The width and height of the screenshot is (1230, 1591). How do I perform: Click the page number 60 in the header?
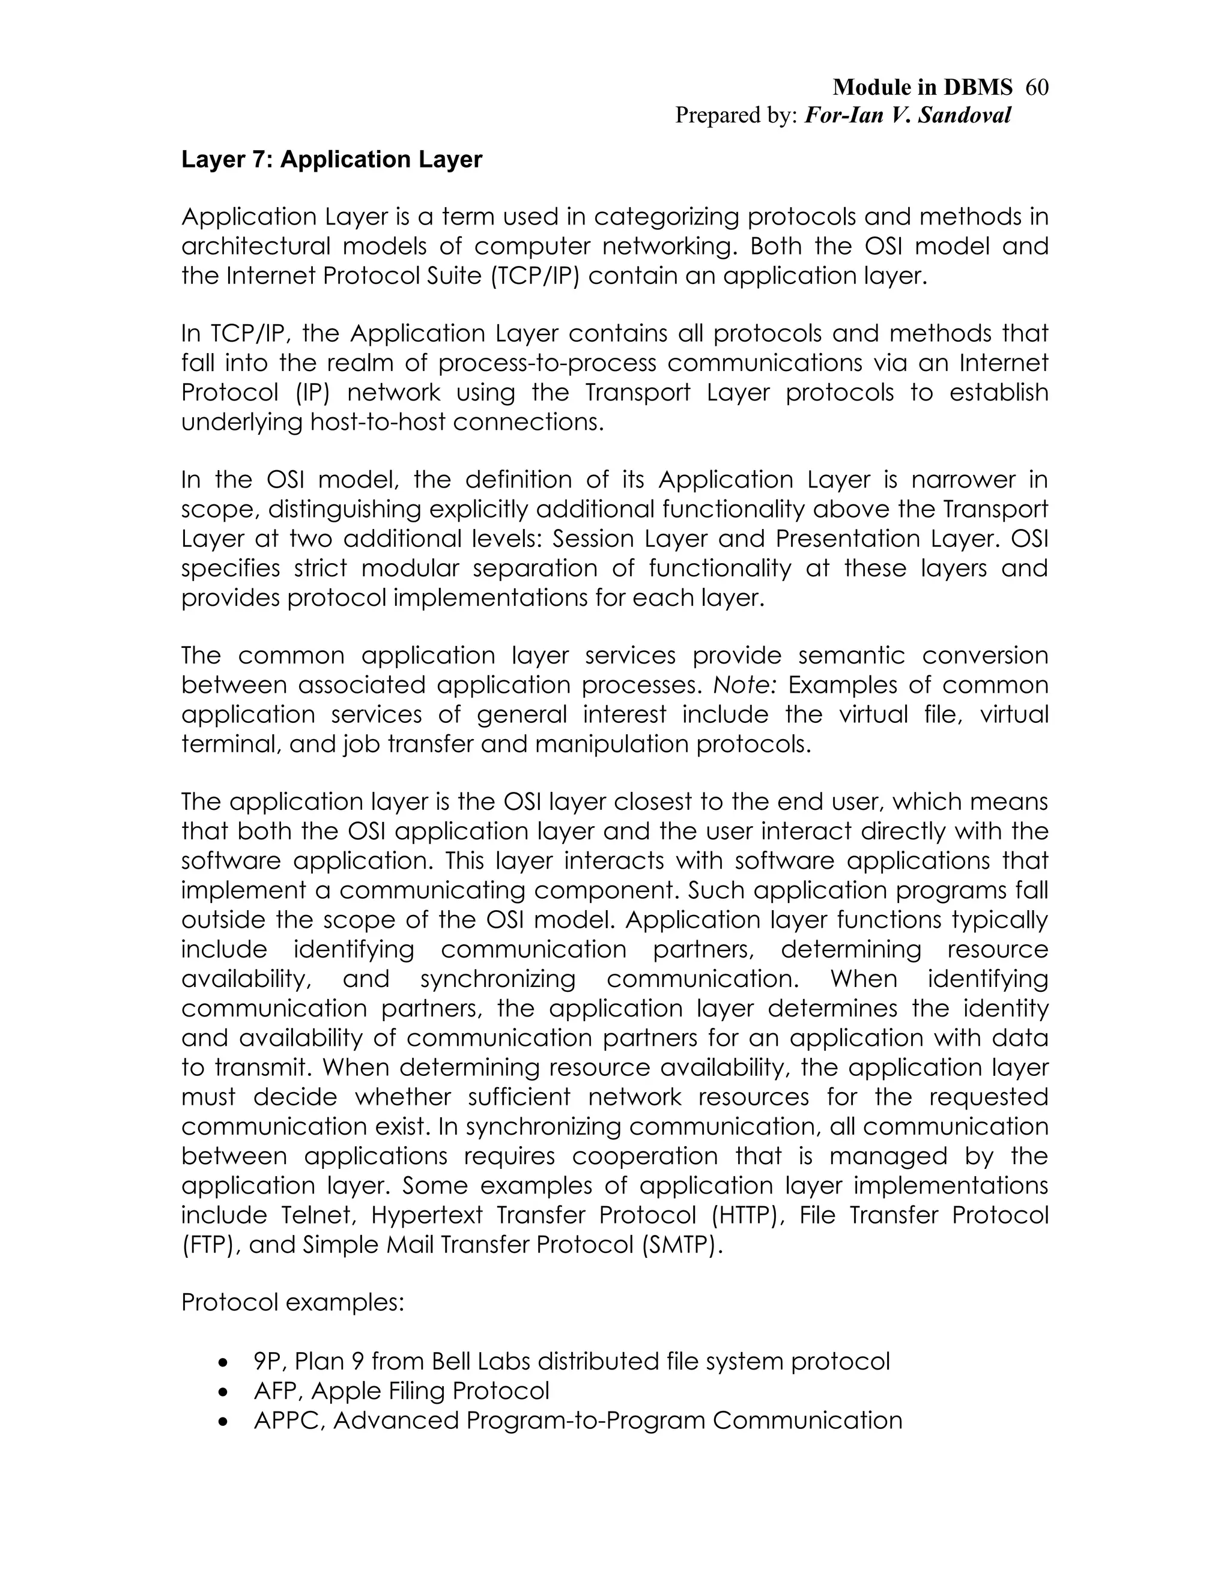click(x=1036, y=88)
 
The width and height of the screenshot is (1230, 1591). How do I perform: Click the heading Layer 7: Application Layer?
click(x=331, y=160)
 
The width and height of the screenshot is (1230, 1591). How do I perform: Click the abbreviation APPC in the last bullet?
click(x=286, y=1421)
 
